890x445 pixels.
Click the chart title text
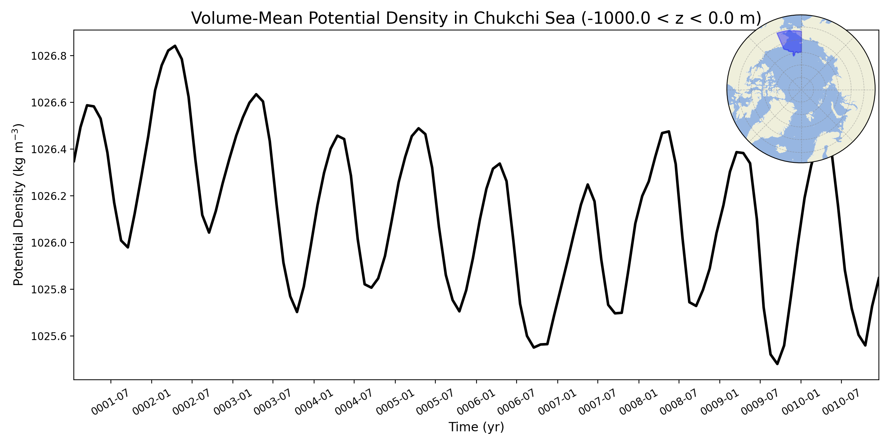coord(476,18)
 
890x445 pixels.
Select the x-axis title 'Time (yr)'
coord(476,427)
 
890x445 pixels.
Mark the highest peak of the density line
coord(175,46)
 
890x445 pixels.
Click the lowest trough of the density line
coord(777,364)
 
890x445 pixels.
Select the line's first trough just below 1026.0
coord(128,247)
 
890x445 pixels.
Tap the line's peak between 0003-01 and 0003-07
coord(256,94)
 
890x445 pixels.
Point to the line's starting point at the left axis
coord(75,162)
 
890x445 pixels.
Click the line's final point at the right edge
coord(878,277)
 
